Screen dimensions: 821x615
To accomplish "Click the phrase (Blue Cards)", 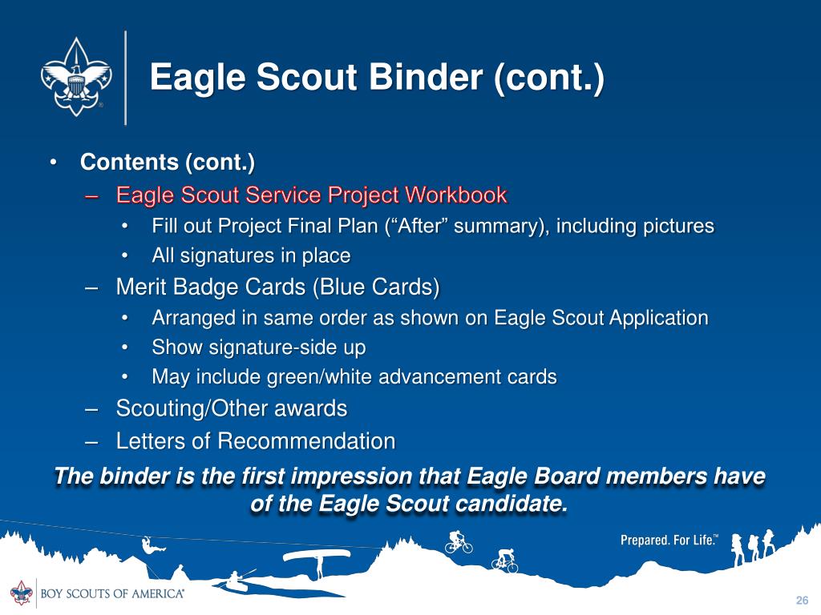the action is pos(376,287).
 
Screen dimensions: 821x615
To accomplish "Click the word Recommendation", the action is pos(306,441).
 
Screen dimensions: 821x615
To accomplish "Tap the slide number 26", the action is pos(802,601).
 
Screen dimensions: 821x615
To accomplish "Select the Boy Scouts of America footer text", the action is pos(112,593).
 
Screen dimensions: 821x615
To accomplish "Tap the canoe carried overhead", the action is pos(316,556).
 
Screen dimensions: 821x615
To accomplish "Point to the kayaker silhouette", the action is pos(236,581).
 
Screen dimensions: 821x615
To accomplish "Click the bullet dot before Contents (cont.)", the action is pos(52,163).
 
